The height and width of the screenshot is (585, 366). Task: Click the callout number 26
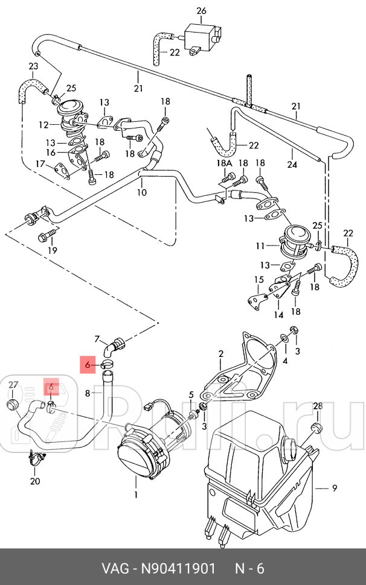[x=201, y=10]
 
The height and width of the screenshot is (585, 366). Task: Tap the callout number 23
[x=33, y=66]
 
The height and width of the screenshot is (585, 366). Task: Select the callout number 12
[x=43, y=125]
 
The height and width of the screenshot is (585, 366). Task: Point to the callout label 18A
[x=224, y=163]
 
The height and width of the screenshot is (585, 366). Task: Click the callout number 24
[x=292, y=164]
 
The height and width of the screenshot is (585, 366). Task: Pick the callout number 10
[x=141, y=192]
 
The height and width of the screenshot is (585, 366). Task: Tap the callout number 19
[x=53, y=250]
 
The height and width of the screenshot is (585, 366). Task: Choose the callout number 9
[x=334, y=488]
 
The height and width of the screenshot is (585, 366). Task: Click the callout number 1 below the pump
[x=136, y=495]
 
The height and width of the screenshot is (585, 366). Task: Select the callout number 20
[x=35, y=481]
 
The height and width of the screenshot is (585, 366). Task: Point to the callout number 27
[x=13, y=385]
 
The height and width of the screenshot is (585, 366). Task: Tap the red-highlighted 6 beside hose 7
[x=88, y=365]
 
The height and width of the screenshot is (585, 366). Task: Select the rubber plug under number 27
[x=13, y=404]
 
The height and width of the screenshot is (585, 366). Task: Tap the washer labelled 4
[x=284, y=339]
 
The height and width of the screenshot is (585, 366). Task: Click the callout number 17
[x=40, y=164]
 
